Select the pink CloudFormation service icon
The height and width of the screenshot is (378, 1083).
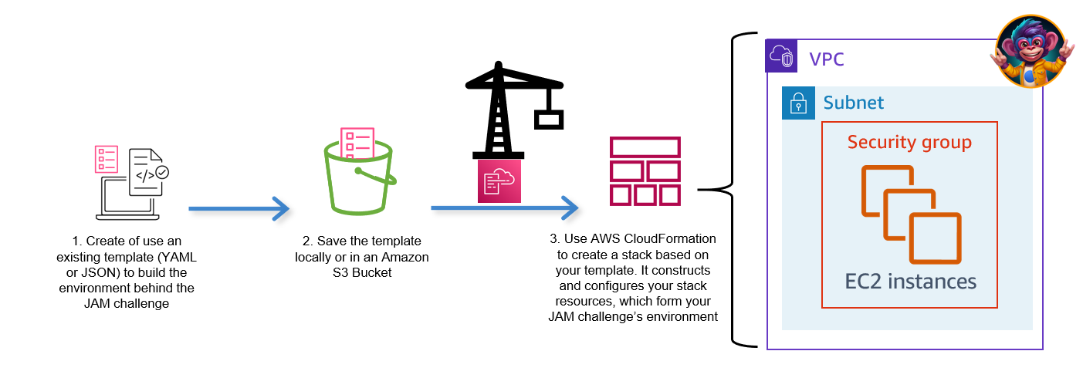499,181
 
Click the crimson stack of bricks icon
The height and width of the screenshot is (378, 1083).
645,171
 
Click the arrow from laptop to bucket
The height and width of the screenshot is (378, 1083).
239,208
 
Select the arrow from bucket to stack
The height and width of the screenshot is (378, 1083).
505,208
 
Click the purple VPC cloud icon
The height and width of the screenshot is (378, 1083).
780,57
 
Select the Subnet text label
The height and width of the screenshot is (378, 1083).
853,103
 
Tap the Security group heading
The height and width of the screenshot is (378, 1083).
909,143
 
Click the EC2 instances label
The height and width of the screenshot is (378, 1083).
910,282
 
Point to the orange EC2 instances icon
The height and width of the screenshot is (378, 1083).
911,212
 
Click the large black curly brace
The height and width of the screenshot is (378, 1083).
729,189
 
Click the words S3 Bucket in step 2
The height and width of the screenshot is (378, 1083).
361,272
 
